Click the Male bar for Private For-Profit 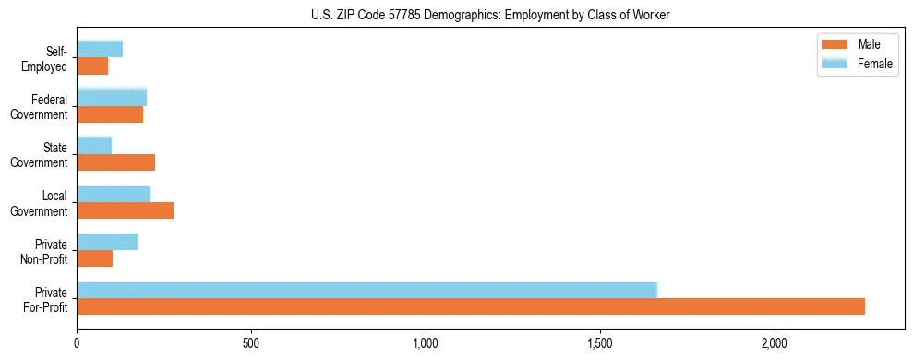click(471, 306)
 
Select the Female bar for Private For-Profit click(366, 290)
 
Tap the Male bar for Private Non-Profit click(95, 258)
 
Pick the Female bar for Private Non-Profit click(107, 242)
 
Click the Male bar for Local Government click(126, 210)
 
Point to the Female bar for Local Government click(114, 194)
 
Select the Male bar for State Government click(116, 162)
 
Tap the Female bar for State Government click(94, 146)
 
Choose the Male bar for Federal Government click(110, 114)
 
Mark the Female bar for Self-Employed click(100, 50)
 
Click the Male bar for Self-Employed click(92, 66)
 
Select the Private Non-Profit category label click(47, 250)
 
